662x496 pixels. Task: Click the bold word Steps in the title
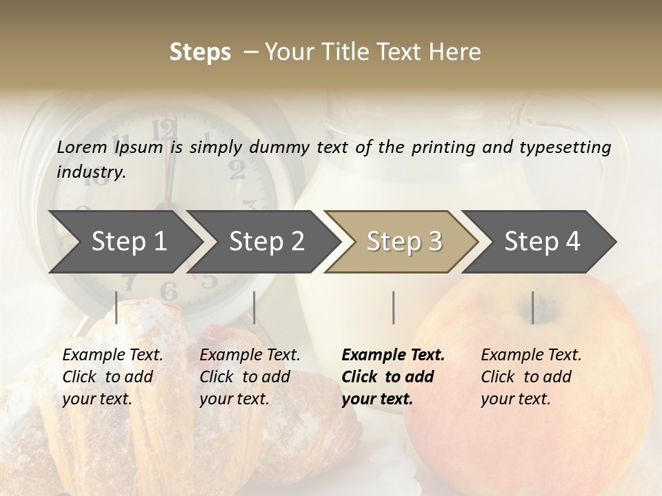200,52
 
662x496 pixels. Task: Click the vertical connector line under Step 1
117,307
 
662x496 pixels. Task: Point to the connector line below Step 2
254,307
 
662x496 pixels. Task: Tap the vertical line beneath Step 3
393,307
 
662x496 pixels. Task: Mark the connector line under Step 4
532,307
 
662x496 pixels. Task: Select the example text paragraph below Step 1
112,377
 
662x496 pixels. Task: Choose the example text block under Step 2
250,377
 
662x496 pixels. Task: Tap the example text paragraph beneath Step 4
531,377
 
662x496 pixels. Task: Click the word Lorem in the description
82,147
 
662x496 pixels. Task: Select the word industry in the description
91,172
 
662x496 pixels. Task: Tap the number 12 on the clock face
165,129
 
